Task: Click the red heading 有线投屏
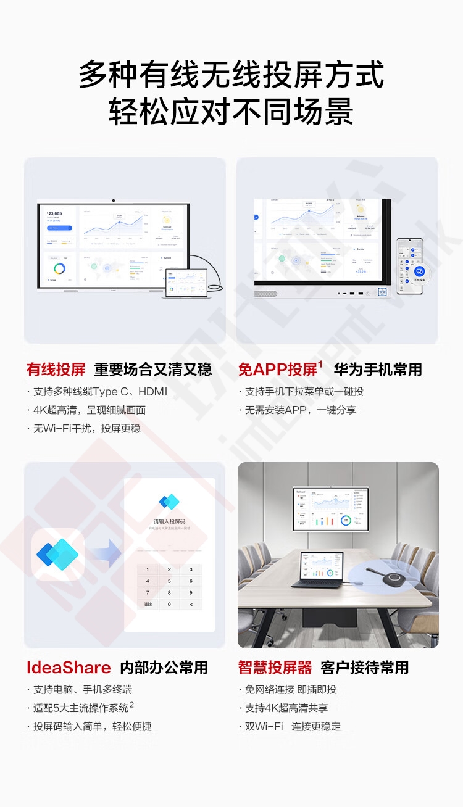pyautogui.click(x=56, y=370)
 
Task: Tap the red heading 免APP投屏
pyautogui.click(x=278, y=370)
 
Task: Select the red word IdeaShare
pyautogui.click(x=69, y=668)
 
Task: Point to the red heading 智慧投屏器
pyautogui.click(x=275, y=668)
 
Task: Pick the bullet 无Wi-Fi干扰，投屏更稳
pyautogui.click(x=86, y=428)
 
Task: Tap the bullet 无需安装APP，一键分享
pyautogui.click(x=300, y=410)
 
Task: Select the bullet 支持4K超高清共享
pyautogui.click(x=286, y=708)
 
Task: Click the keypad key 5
pyautogui.click(x=169, y=581)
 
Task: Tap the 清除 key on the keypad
pyautogui.click(x=148, y=605)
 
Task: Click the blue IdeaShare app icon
pyautogui.click(x=58, y=555)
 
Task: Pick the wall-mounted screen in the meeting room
pyautogui.click(x=332, y=509)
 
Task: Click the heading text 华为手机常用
pyautogui.click(x=378, y=370)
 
